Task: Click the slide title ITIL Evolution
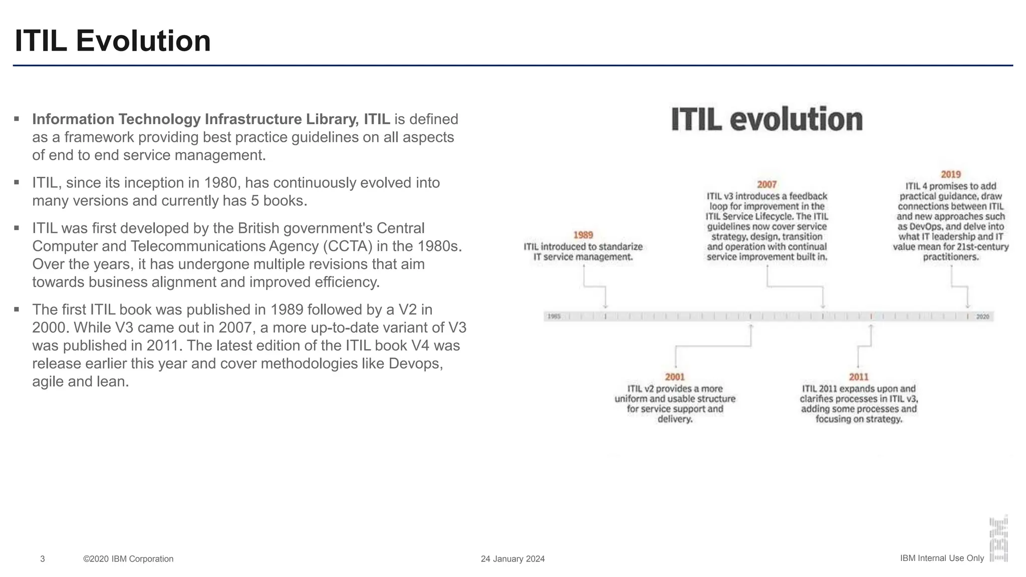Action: tap(113, 41)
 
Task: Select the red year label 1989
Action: tap(583, 235)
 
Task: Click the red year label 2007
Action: tap(766, 185)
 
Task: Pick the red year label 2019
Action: tap(950, 174)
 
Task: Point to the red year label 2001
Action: tap(675, 377)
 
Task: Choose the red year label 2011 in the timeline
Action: tap(859, 377)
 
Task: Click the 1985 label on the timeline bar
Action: tap(554, 317)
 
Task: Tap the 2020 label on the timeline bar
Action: tap(982, 317)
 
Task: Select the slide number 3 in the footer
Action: tap(43, 559)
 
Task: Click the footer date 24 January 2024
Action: tap(512, 559)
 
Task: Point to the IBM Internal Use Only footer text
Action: tap(942, 558)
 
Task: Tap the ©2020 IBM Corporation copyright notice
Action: tap(128, 559)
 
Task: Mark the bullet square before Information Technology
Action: tap(17, 119)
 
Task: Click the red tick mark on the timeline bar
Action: tap(871, 317)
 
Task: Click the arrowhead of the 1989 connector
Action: tap(605, 306)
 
